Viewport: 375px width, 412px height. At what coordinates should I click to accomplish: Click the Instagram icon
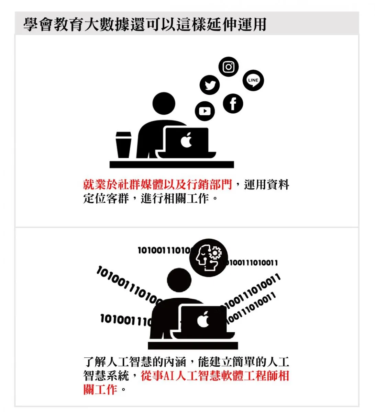click(228, 67)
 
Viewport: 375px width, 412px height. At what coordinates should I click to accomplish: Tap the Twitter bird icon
click(209, 85)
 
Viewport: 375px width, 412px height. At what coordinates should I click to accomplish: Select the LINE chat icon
click(253, 80)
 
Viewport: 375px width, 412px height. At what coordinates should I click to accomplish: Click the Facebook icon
click(233, 103)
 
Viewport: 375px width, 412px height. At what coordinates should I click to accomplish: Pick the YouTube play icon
click(205, 111)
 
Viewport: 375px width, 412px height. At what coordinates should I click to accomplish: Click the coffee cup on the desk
click(123, 145)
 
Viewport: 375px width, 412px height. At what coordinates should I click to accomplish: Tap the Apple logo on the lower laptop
click(203, 319)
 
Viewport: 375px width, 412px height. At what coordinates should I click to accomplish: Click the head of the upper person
click(164, 103)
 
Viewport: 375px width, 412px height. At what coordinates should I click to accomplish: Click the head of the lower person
click(179, 280)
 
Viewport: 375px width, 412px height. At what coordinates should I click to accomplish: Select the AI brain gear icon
click(208, 258)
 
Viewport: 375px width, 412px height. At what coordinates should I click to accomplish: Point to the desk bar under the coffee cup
click(172, 164)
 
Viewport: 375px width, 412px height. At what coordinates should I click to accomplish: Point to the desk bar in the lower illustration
click(193, 346)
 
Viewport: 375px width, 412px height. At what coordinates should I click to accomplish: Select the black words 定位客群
click(106, 198)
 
